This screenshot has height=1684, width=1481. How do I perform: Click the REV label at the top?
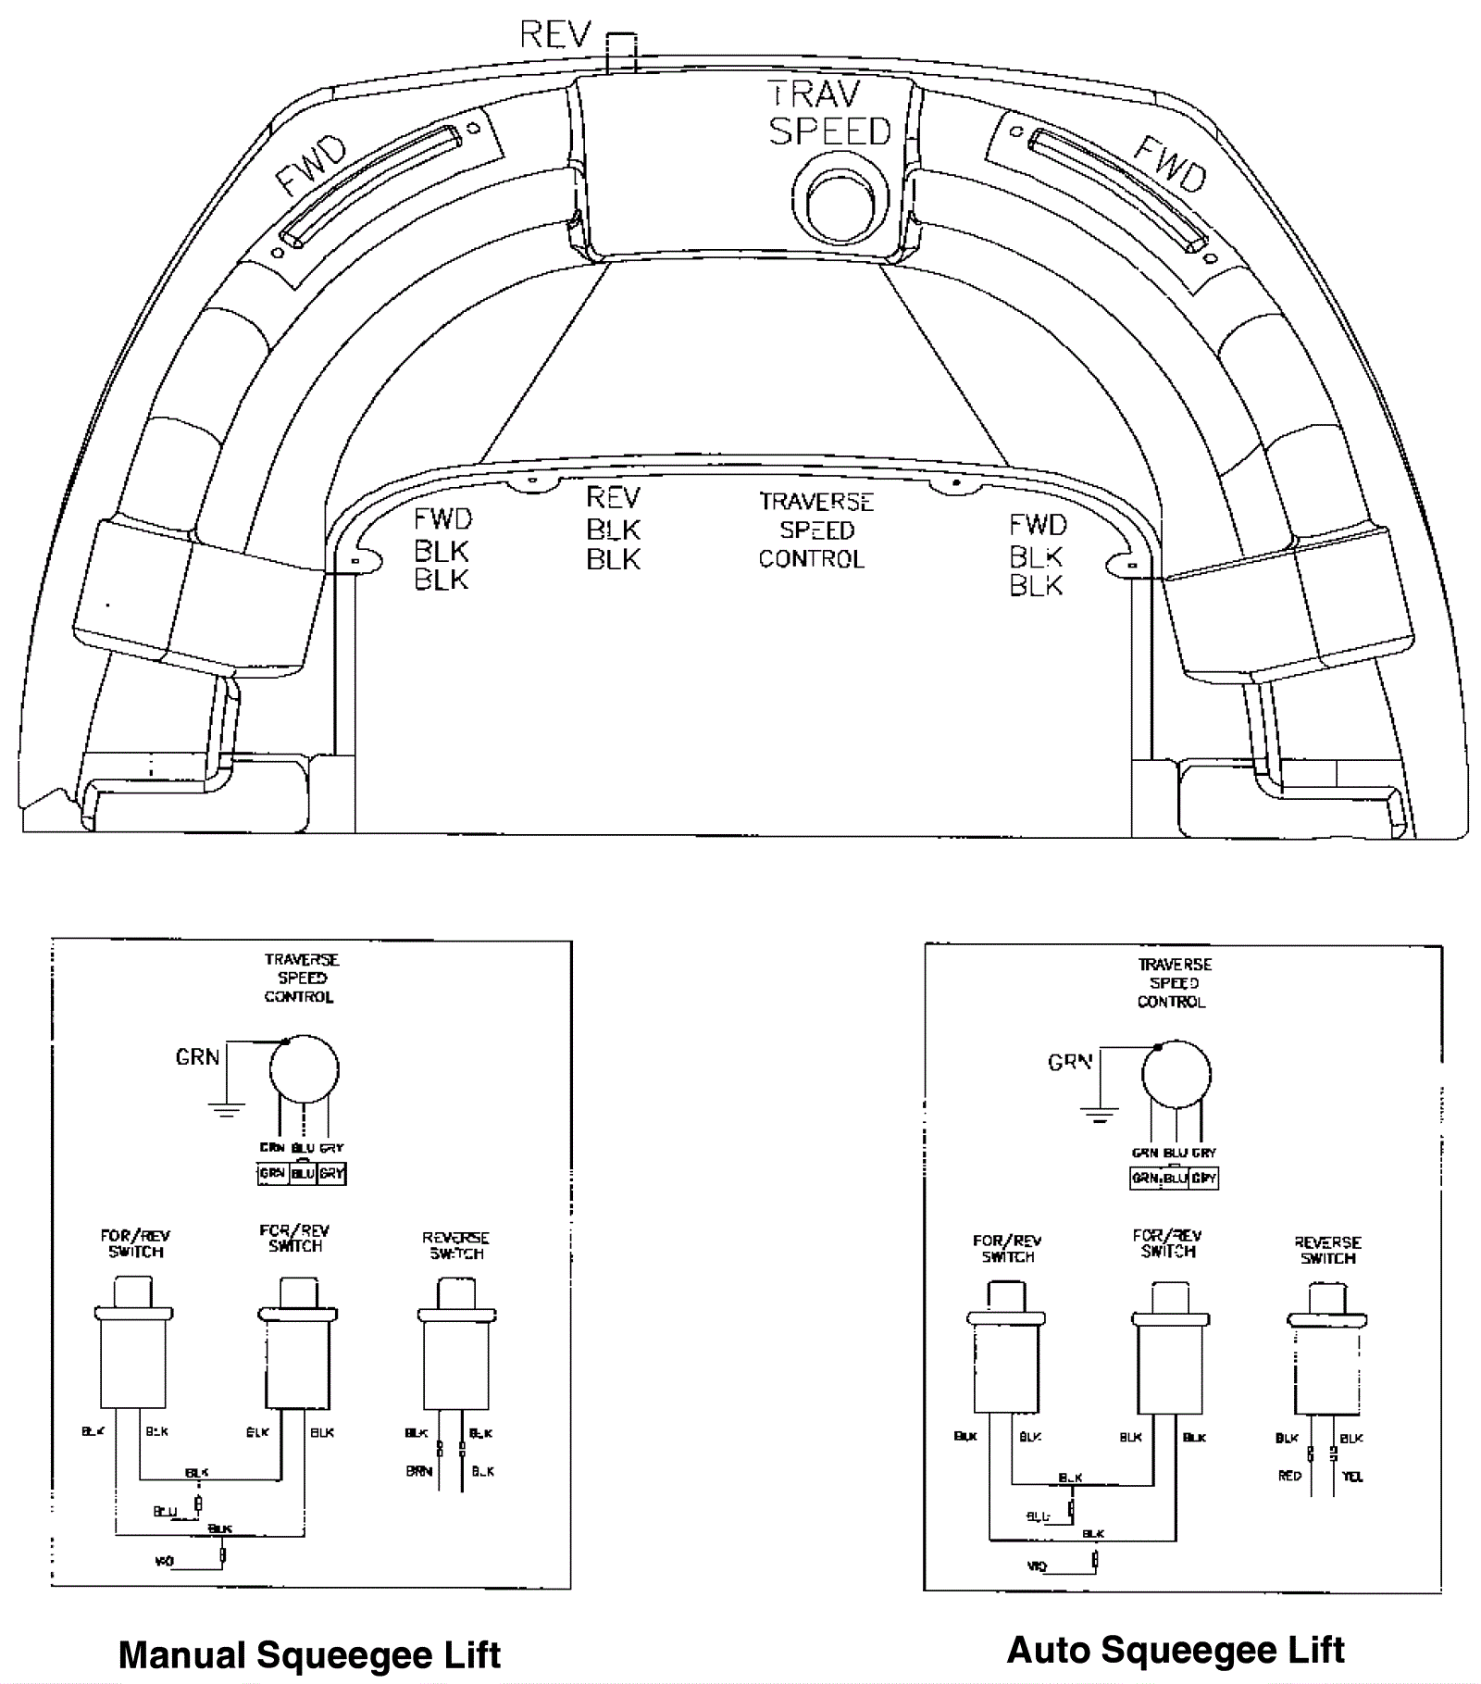[554, 35]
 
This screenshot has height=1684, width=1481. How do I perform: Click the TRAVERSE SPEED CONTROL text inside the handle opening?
[815, 530]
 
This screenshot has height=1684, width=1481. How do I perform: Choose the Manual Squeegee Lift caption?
[309, 1654]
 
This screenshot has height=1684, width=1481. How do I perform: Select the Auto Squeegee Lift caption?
[1175, 1649]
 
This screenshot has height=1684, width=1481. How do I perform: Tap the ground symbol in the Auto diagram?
[1099, 1114]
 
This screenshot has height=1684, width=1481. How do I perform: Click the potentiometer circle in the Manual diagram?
[304, 1069]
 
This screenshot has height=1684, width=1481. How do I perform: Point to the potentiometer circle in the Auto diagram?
[1176, 1075]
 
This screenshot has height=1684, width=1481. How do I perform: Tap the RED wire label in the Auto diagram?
[1289, 1476]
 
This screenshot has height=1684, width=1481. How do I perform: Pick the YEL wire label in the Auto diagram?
[1352, 1477]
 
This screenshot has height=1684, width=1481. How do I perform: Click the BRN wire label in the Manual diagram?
[418, 1471]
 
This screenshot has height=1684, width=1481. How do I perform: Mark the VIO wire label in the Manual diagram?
[164, 1562]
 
